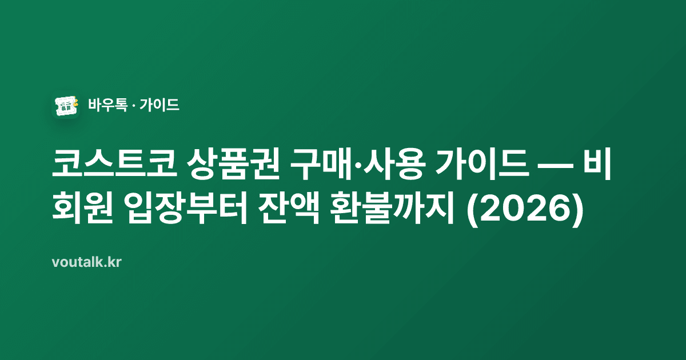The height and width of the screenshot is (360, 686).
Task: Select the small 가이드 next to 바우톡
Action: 159,105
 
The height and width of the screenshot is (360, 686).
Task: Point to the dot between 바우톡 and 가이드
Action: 133,105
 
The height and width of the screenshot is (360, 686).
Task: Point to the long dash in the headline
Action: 556,165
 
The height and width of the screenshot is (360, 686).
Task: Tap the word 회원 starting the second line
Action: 83,209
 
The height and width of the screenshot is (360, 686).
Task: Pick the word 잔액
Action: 289,209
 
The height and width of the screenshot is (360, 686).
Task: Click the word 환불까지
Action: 392,209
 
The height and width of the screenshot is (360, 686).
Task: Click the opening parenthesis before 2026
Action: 472,210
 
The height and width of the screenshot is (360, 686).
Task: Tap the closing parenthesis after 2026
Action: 577,210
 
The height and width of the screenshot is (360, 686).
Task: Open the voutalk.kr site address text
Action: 87,262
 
